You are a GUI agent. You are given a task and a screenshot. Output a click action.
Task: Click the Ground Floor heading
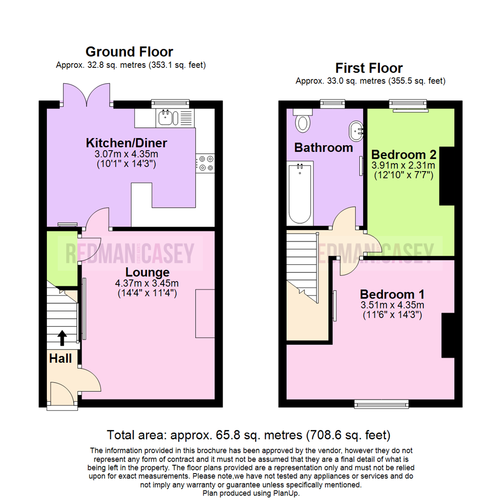(129, 52)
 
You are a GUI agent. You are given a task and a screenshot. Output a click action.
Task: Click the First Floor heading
(370, 68)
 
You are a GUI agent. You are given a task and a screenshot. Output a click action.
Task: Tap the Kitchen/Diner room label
(126, 142)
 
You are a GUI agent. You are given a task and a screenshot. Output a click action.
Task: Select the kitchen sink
(165, 118)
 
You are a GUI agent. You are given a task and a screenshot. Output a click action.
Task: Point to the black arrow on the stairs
(62, 338)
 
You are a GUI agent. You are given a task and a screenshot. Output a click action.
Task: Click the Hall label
(61, 358)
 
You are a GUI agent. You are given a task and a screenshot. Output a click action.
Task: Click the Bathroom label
(324, 148)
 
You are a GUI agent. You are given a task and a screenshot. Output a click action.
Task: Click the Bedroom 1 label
(392, 294)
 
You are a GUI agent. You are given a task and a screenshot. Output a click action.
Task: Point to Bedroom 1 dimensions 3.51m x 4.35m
(393, 305)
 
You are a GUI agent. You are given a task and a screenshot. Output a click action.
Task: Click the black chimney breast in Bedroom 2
(447, 176)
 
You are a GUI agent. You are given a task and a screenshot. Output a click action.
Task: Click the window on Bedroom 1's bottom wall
(382, 403)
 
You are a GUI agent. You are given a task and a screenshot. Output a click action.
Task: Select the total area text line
(249, 435)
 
